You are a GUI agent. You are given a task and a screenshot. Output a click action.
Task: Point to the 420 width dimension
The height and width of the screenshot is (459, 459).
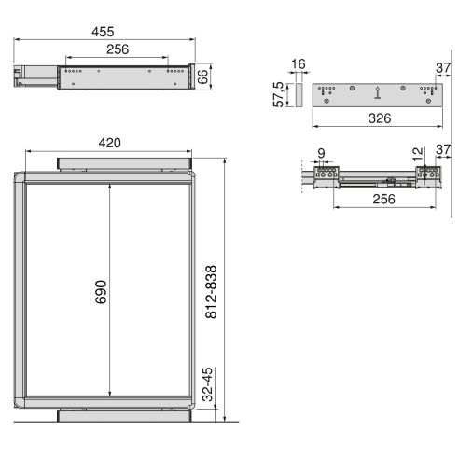pyautogui.click(x=111, y=143)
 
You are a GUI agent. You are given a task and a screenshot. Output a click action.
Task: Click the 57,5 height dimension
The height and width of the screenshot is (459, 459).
pyautogui.click(x=277, y=94)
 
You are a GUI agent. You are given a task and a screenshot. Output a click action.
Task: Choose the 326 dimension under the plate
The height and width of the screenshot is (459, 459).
pyautogui.click(x=377, y=118)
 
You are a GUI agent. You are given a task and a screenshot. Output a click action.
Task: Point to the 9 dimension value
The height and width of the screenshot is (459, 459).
pyautogui.click(x=322, y=154)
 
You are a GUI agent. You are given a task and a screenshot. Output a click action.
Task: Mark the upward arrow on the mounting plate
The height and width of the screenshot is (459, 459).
pyautogui.click(x=377, y=92)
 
